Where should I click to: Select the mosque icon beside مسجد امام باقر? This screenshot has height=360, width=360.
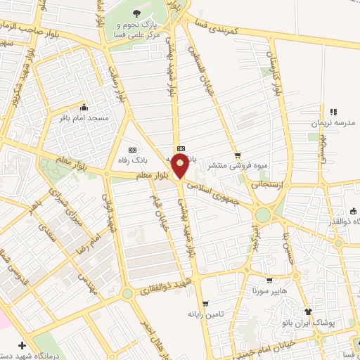(x=84, y=108)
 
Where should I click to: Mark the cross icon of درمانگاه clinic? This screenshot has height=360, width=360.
(x=23, y=346)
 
